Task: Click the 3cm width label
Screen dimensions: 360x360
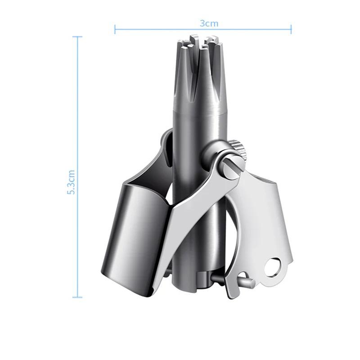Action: point(209,23)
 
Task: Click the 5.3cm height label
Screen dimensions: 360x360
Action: point(71,182)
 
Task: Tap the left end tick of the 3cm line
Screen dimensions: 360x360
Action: point(115,29)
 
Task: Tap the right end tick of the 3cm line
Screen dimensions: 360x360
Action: point(291,29)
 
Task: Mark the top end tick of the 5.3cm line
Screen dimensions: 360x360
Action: point(77,37)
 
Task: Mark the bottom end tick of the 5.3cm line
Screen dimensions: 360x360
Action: point(77,297)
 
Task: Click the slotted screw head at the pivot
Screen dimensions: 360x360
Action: point(229,168)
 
